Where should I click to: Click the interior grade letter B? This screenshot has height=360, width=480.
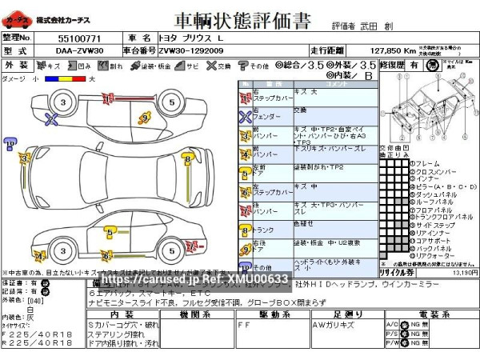(x=368, y=76)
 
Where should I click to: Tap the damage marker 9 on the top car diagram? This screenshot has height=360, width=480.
(x=145, y=118)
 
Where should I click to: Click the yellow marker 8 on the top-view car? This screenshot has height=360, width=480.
(x=186, y=160)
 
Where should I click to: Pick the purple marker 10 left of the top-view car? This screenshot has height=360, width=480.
(x=9, y=144)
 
